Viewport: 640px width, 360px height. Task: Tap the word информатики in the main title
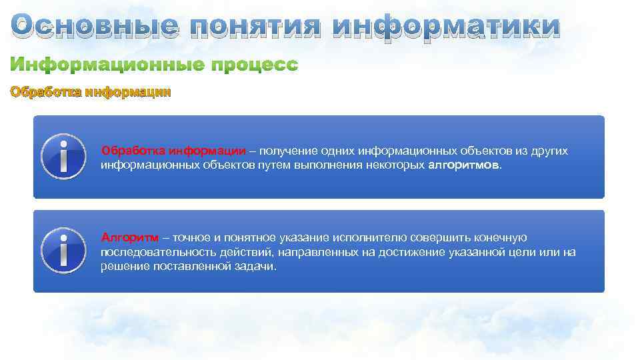click(447, 26)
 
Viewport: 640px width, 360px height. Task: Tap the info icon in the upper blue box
click(63, 157)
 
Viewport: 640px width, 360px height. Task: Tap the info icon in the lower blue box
click(63, 251)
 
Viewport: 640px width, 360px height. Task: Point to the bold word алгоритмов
click(462, 165)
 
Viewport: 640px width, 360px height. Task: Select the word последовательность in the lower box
click(151, 252)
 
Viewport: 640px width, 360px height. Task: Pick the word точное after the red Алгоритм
click(191, 238)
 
